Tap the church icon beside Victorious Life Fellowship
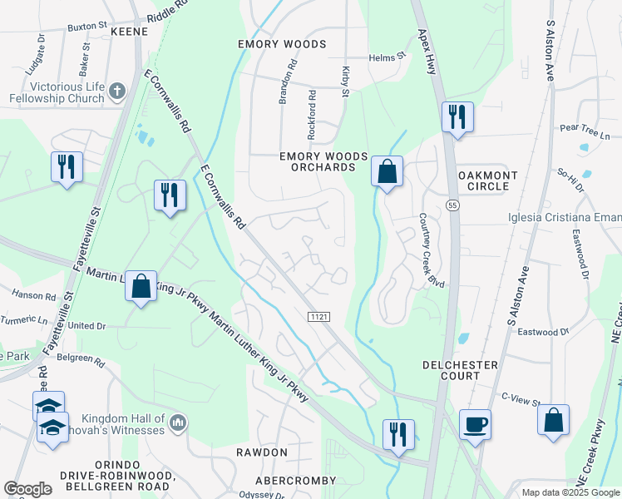(x=117, y=89)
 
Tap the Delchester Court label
(x=460, y=370)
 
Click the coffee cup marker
(x=475, y=424)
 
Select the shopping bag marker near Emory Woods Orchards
(x=387, y=172)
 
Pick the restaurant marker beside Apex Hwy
(x=457, y=116)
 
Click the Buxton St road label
(x=87, y=27)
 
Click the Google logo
(x=28, y=489)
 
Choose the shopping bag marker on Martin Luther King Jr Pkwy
(x=141, y=287)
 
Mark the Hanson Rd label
(x=34, y=294)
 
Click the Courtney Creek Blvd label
(x=432, y=251)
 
